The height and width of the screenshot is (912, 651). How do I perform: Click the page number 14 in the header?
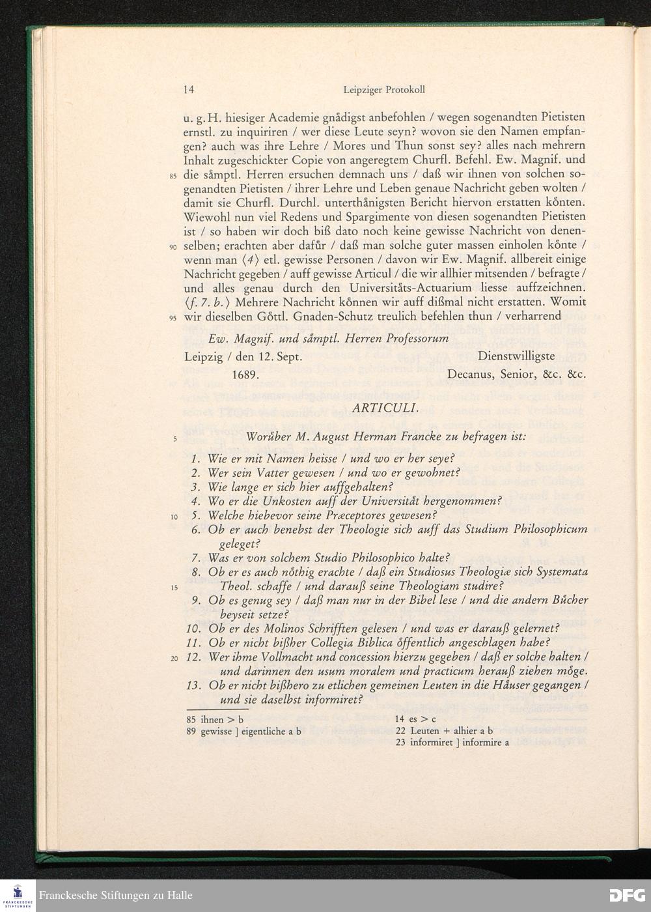pos(189,90)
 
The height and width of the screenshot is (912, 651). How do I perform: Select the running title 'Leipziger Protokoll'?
pos(384,90)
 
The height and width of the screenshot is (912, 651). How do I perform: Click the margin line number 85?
pos(173,177)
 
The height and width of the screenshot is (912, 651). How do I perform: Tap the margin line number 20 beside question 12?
pos(173,658)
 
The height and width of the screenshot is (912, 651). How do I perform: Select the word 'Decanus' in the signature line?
pos(473,375)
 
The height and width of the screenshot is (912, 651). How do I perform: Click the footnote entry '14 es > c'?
pos(415,719)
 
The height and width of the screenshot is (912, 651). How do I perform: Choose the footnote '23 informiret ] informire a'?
pos(452,742)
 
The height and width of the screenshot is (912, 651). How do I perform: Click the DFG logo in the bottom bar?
pos(626,895)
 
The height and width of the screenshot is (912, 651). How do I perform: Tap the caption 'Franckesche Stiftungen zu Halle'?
pos(116,895)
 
